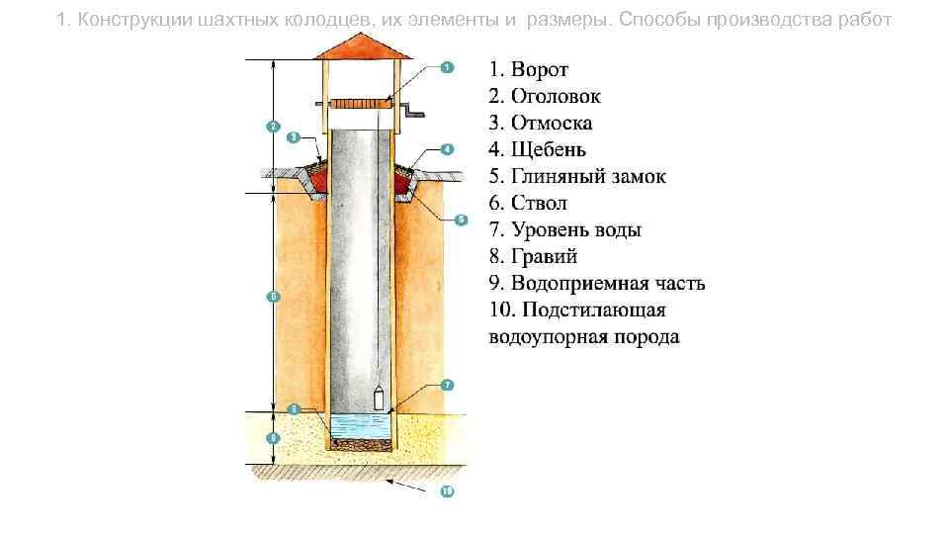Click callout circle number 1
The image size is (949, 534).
446,67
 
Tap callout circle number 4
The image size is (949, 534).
446,149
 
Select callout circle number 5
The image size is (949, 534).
460,220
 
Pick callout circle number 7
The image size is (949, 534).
446,384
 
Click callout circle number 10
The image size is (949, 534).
446,491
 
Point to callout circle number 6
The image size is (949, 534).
273,297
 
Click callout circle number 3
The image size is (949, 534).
294,136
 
